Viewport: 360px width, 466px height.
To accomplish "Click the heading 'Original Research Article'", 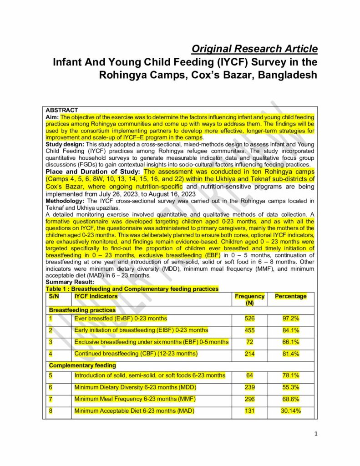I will [x=254, y=49].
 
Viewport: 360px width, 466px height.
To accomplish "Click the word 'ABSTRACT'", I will [x=62, y=110].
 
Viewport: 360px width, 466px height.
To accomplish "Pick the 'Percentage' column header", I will [x=291, y=296].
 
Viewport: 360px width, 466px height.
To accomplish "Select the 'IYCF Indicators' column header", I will [x=96, y=296].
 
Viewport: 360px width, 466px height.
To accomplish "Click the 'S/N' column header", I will [x=54, y=296].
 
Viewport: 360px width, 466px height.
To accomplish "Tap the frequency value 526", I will [x=249, y=318].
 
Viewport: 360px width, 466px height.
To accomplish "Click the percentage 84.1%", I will [x=291, y=330].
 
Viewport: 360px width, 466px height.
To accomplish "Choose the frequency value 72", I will [x=249, y=342].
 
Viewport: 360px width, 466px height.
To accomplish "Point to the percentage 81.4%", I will [x=291, y=354].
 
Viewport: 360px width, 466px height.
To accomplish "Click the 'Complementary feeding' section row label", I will [x=82, y=365].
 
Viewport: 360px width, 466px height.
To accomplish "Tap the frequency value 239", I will [x=249, y=387].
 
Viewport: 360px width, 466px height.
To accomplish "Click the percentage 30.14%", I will [x=291, y=411].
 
